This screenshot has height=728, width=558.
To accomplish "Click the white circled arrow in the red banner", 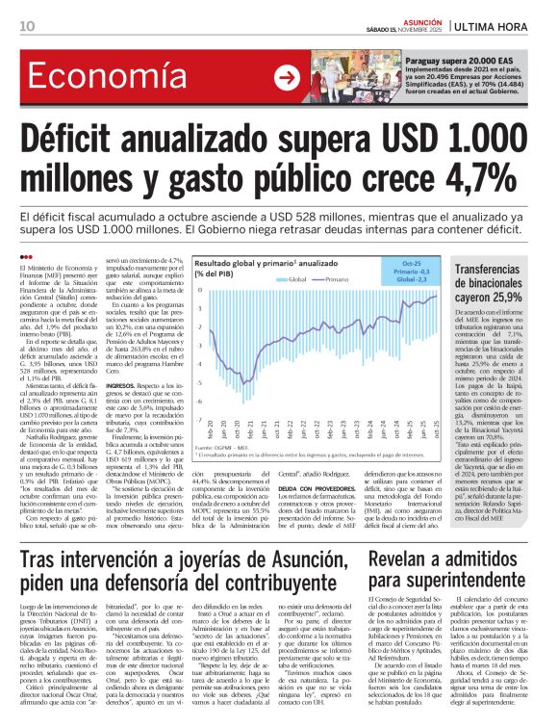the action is tap(286, 77).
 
